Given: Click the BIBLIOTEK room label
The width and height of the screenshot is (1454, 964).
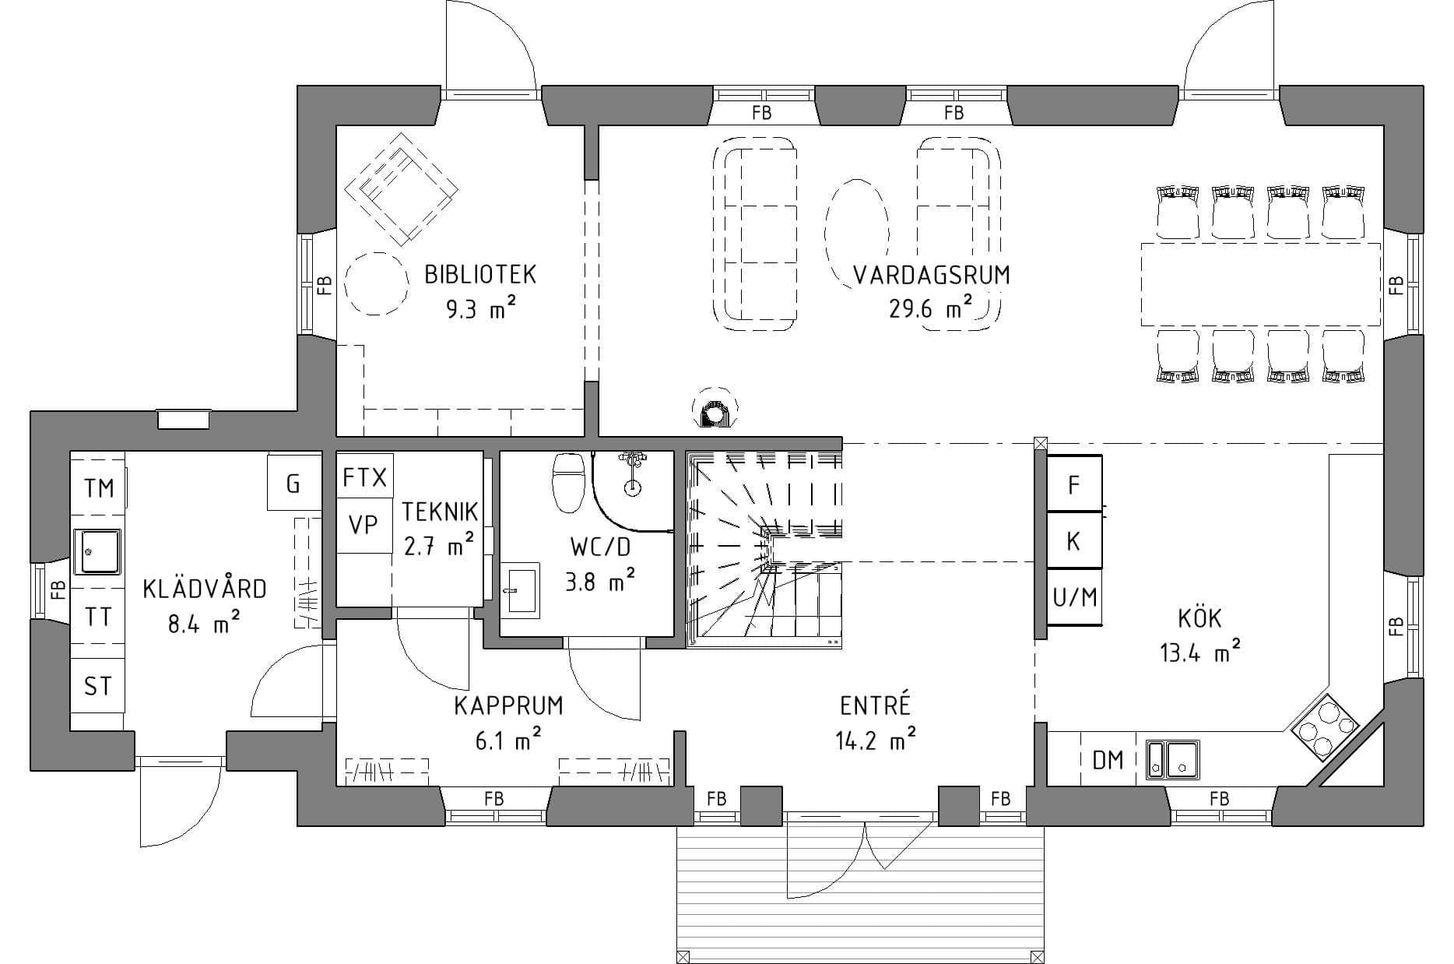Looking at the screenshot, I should tap(480, 275).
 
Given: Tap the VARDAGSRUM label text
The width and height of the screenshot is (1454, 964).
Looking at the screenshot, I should tap(931, 276).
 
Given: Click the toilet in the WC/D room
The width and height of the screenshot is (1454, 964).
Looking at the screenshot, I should tap(568, 482).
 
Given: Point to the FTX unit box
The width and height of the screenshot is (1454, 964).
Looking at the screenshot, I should tap(364, 477).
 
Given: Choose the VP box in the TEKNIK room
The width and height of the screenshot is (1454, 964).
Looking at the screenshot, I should tap(363, 526).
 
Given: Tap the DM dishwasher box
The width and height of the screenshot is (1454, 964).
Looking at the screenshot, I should tap(1108, 760).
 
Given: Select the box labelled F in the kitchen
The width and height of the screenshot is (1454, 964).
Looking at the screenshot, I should tap(1074, 485).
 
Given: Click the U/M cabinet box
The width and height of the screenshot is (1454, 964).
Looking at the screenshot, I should tap(1074, 597).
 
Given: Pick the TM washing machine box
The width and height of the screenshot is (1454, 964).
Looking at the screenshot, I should tap(99, 488).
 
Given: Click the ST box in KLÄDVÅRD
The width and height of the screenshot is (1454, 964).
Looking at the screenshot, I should tap(98, 686).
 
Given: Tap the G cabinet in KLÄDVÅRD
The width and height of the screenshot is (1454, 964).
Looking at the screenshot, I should tap(293, 484).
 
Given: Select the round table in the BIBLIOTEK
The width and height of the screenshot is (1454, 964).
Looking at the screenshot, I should tap(377, 283).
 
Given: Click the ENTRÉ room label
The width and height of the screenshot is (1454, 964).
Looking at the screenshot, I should tap(875, 705).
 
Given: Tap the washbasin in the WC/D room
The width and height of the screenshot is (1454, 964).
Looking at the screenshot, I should tap(520, 590).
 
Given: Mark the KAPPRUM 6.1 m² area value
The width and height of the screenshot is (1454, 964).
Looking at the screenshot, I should tap(507, 741).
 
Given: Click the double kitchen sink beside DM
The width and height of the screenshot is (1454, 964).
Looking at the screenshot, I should tap(1172, 759).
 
